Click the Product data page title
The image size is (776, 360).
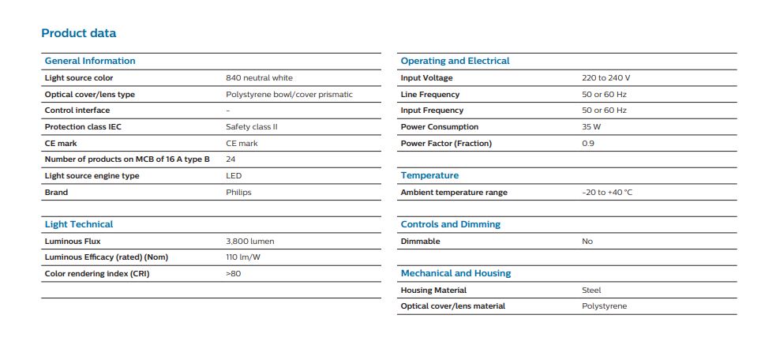79,33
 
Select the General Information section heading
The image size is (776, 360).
89,61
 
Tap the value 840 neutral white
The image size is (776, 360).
259,77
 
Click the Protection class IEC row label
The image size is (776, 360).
83,127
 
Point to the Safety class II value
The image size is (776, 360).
251,127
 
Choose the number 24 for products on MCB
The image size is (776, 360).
231,159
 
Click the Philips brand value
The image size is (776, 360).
238,192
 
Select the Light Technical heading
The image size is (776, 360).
79,224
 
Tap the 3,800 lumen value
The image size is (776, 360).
250,241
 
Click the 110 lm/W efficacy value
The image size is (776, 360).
243,257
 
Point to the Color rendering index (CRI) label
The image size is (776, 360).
96,274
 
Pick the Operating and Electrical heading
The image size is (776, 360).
455,61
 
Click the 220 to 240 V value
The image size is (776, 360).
605,77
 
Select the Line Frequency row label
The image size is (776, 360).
430,94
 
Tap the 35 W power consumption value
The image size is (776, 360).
591,127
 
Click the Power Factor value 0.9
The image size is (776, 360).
588,144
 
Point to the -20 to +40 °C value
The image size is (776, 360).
607,192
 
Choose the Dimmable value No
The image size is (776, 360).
587,241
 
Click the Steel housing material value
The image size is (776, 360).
591,291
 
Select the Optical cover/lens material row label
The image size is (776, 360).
453,306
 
